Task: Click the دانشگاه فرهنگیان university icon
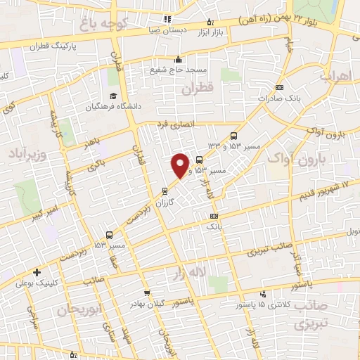[x=112, y=96]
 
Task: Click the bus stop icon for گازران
[x=165, y=191]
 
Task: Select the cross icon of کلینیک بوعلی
[x=36, y=272]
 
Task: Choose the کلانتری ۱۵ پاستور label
[x=262, y=304]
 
